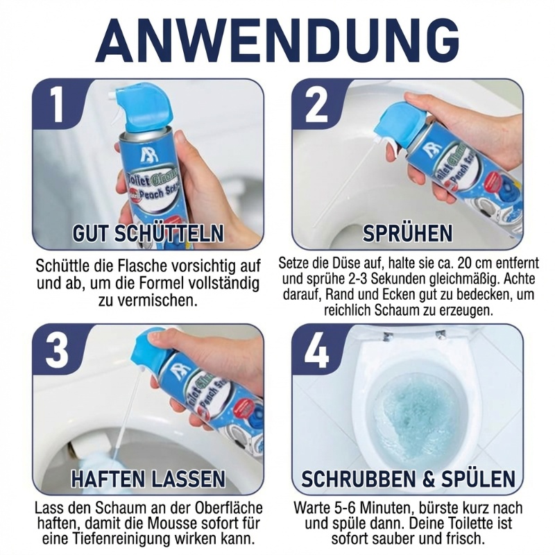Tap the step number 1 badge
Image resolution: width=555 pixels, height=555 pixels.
(x=57, y=105)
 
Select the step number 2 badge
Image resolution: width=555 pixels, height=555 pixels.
(x=316, y=105)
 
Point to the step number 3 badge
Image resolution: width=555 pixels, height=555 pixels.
(x=57, y=350)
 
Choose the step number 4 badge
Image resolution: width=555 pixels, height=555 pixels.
(x=316, y=350)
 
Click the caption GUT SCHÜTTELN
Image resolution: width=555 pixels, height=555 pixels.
(x=148, y=233)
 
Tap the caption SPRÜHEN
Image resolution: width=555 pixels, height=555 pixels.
(x=407, y=233)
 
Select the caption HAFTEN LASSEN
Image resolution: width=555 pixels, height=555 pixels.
(x=148, y=478)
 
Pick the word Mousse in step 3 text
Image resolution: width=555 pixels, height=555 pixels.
(x=171, y=524)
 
